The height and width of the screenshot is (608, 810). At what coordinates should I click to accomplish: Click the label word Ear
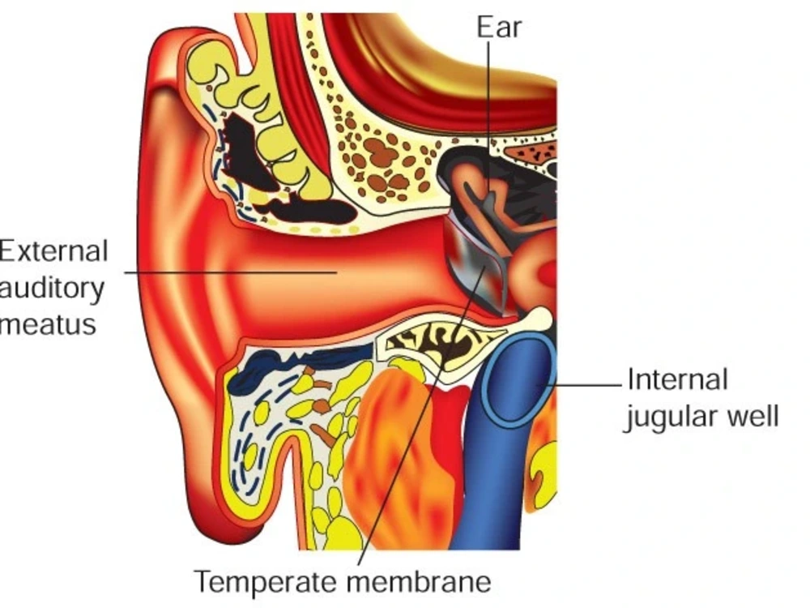coord(499,27)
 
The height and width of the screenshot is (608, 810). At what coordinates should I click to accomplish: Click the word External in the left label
coord(53,252)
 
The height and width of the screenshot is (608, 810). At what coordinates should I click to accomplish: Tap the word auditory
coord(52,289)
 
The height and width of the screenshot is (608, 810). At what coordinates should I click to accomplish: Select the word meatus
coord(48,325)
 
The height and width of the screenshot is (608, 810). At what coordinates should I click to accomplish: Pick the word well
coord(753,415)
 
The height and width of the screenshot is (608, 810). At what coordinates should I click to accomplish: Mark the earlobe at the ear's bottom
coord(217,512)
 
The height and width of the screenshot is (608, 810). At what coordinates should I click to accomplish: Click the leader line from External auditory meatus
coord(231,272)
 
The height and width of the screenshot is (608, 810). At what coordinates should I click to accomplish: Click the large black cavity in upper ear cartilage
coord(247,150)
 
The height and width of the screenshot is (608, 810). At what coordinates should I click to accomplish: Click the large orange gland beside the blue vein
coord(393,455)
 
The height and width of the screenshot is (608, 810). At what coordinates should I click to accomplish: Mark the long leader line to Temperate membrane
coord(421,416)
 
